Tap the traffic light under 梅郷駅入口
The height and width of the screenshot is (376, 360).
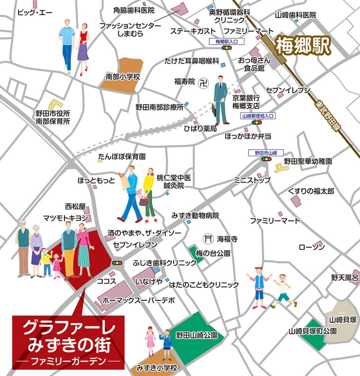(x=226, y=48)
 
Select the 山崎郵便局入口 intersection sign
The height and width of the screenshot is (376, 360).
(x=258, y=116)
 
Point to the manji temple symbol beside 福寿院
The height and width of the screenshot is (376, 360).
(x=204, y=82)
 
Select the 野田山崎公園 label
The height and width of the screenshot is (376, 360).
(x=197, y=335)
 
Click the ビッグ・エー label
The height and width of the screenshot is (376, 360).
(x=35, y=13)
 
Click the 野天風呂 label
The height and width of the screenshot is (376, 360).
(x=345, y=277)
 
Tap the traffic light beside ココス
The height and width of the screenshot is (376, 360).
(x=117, y=263)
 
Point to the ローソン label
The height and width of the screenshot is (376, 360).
(x=311, y=247)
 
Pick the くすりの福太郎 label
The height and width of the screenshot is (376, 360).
(x=311, y=191)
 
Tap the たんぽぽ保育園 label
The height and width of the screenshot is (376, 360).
(x=122, y=157)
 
